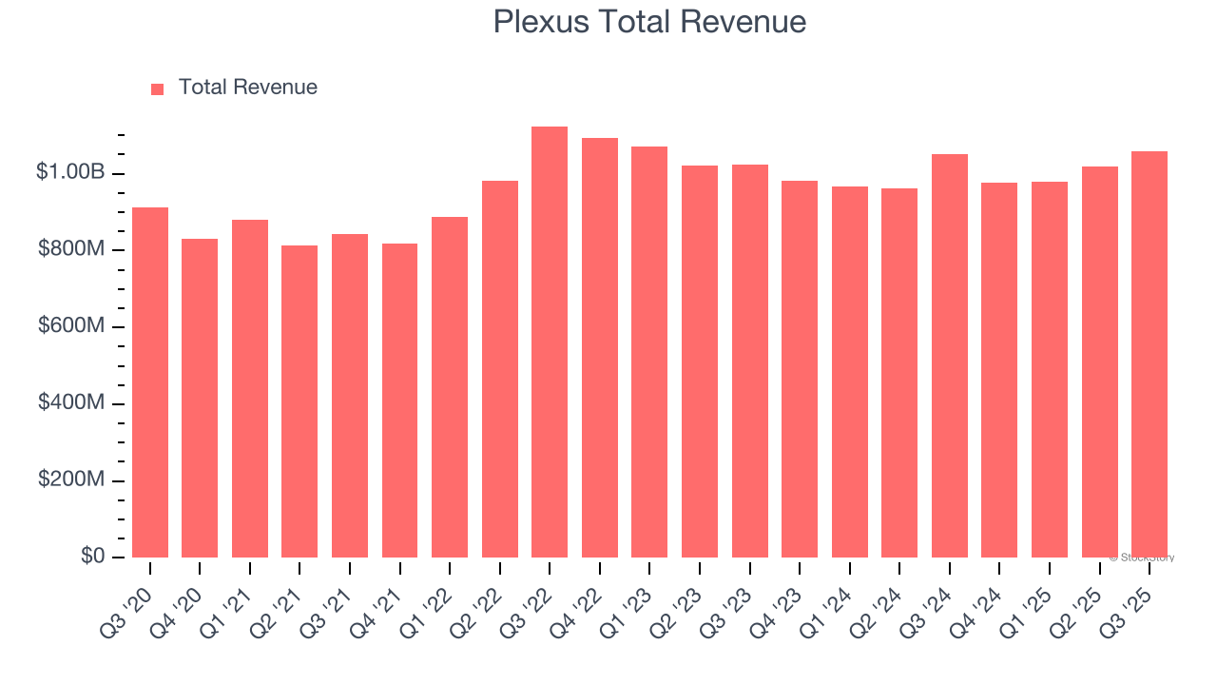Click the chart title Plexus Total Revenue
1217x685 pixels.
649,22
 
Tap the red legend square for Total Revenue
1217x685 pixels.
158,88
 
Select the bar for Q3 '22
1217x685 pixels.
550,342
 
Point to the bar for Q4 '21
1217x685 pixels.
399,401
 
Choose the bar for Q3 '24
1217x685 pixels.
950,356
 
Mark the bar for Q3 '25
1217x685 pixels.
1149,354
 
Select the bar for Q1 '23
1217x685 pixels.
649,352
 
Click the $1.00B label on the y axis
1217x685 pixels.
69,172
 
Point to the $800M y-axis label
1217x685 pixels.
71,249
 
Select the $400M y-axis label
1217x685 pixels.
71,402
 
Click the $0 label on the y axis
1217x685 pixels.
91,556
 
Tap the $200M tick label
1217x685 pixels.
71,479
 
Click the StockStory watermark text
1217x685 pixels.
1142,558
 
